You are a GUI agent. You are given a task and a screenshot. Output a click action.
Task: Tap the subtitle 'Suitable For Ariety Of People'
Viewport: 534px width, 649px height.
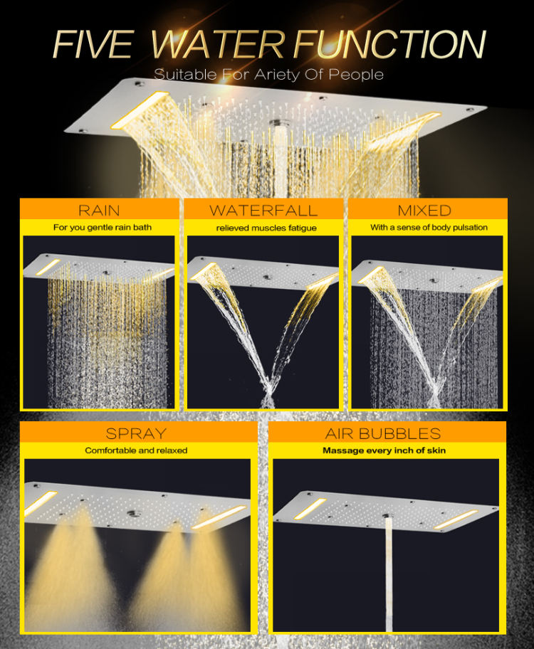click(x=268, y=74)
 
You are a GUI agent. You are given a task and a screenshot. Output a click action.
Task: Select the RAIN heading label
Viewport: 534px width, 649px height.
click(x=99, y=210)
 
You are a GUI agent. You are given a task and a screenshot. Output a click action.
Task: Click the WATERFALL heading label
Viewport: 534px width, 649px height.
click(x=263, y=210)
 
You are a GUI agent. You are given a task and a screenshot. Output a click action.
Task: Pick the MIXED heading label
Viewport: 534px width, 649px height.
click(x=425, y=210)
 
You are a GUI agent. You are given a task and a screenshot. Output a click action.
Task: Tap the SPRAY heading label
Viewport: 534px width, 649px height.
click(x=136, y=433)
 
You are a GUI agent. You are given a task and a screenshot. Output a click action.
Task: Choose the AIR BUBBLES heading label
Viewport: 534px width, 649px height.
click(x=388, y=433)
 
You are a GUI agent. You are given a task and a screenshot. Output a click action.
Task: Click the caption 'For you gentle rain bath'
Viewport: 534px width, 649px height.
click(x=98, y=228)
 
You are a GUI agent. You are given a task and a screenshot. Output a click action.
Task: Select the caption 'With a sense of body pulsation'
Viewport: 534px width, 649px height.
click(x=429, y=228)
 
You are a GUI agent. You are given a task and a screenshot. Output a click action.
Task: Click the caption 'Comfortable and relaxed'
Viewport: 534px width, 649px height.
click(x=136, y=450)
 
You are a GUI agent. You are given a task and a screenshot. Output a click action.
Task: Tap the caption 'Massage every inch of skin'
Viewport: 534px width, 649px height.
click(x=388, y=450)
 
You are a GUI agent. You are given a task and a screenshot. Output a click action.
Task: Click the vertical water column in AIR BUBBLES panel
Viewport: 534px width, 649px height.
click(x=389, y=569)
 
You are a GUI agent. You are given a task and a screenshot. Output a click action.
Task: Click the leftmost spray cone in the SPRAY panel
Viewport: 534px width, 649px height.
click(x=68, y=576)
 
